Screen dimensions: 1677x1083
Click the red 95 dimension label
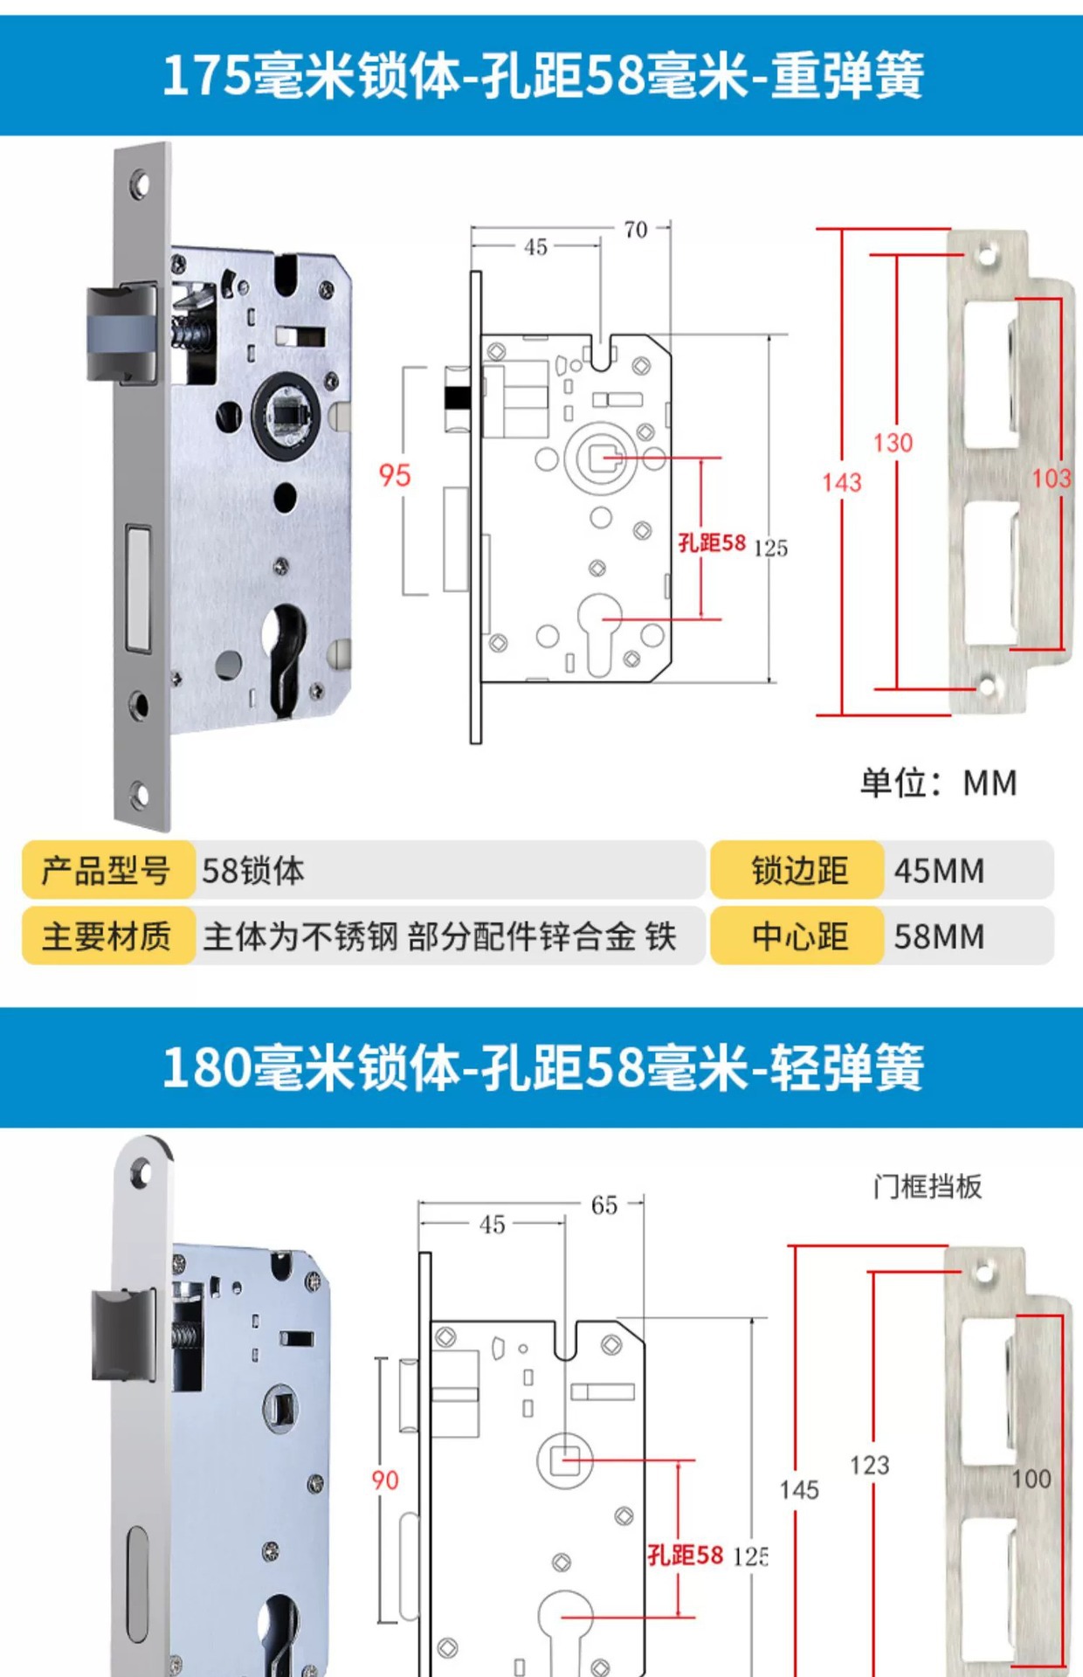tap(394, 475)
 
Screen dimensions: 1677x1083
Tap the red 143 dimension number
tap(841, 482)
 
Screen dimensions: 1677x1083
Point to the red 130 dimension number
tap(893, 443)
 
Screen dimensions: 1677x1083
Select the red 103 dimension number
tap(1051, 478)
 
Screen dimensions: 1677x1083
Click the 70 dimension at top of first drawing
tap(636, 230)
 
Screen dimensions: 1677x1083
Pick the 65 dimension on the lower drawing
tap(604, 1205)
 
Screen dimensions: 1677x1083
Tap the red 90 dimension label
tap(385, 1480)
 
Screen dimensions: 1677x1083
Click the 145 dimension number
tap(799, 1490)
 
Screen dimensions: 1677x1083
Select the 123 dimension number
tap(870, 1465)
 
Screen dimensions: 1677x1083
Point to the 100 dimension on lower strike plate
tap(1031, 1479)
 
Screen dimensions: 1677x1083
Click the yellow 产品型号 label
tap(107, 871)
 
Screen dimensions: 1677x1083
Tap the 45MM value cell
tap(940, 871)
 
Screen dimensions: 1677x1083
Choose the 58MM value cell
tap(940, 936)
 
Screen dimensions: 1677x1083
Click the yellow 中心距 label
tap(799, 936)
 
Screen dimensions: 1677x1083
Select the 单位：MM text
tap(939, 783)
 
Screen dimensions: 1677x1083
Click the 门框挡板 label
tap(928, 1186)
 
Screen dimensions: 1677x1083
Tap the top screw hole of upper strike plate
tap(986, 256)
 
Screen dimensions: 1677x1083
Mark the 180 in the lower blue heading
tap(206, 1067)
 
